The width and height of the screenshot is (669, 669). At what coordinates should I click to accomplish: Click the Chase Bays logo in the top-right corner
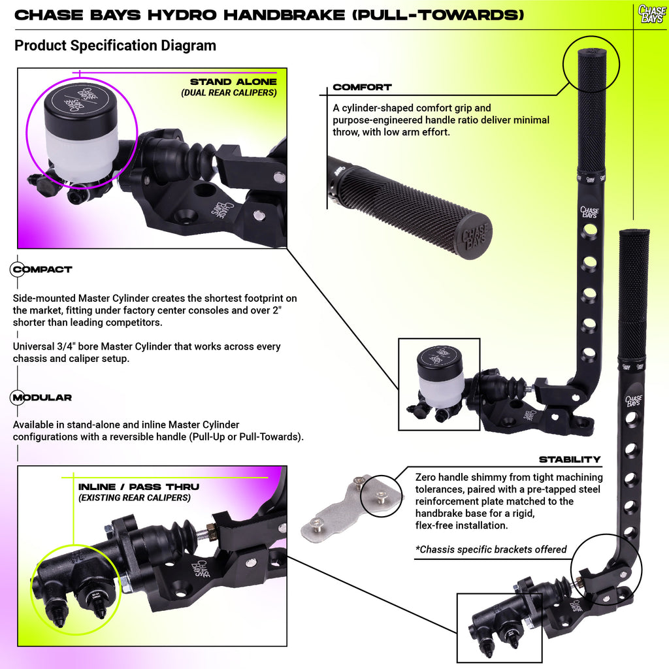point(652,14)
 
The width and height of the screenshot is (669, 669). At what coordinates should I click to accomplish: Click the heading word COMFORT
point(362,87)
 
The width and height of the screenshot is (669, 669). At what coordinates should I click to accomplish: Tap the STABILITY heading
point(570,459)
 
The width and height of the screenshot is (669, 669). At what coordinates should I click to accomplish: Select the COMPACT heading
point(42,269)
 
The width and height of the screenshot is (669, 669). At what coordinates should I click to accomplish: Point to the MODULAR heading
point(42,398)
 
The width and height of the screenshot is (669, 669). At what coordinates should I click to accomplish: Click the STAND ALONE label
point(233,82)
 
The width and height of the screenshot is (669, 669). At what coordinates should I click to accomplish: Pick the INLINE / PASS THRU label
point(139,487)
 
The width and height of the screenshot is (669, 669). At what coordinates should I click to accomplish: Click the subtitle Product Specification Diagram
point(115,46)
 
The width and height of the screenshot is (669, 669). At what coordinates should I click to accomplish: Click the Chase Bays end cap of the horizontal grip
point(476,237)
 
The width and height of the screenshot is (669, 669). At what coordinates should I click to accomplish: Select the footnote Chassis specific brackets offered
point(491,549)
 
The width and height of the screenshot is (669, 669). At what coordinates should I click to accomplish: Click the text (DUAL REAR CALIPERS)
point(229,93)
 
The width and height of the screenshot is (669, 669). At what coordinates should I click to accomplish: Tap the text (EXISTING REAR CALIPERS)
point(135,498)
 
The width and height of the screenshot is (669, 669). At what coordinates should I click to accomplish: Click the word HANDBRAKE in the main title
point(284,15)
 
